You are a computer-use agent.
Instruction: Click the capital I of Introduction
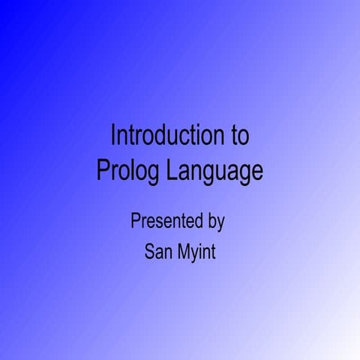(x=113, y=136)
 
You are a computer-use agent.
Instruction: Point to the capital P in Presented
(x=135, y=221)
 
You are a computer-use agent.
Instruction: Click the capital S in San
(x=149, y=252)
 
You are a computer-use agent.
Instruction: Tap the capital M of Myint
(x=185, y=252)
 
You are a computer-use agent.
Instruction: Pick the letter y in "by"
(x=220, y=223)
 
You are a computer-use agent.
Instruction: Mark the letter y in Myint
(x=196, y=254)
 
